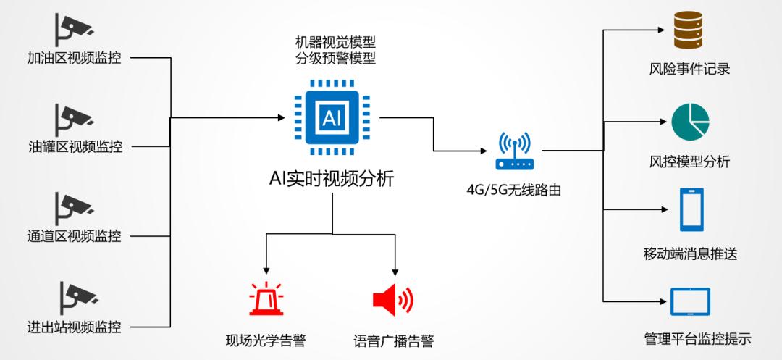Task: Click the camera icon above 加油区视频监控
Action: click(x=73, y=28)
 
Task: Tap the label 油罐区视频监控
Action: click(x=75, y=147)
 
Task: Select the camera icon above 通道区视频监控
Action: click(x=73, y=206)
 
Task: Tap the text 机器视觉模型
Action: click(x=335, y=42)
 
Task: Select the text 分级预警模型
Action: click(x=335, y=59)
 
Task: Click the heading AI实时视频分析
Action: click(x=332, y=178)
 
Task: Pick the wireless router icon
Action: click(x=515, y=151)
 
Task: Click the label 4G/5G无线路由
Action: click(x=514, y=191)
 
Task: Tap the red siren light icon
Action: click(x=267, y=298)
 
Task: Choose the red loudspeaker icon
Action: click(x=392, y=298)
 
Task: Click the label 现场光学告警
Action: click(x=266, y=340)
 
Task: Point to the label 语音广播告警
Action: click(x=393, y=340)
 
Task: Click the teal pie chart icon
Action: click(x=690, y=122)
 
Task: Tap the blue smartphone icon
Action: click(x=691, y=210)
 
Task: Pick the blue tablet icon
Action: click(x=690, y=302)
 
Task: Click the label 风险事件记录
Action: click(x=689, y=70)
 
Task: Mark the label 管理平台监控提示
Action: click(x=697, y=339)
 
